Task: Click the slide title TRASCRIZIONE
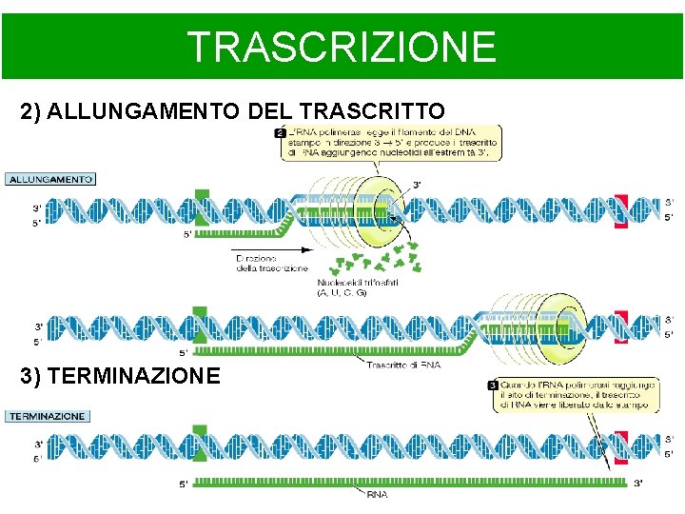pyautogui.click(x=342, y=46)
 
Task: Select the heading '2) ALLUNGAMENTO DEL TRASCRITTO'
pyautogui.click(x=232, y=112)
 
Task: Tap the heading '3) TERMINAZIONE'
pyautogui.click(x=120, y=375)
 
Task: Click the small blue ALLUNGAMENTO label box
pyautogui.click(x=50, y=178)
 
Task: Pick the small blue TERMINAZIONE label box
pyautogui.click(x=48, y=416)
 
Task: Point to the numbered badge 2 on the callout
pyautogui.click(x=281, y=131)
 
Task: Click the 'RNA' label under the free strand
pyautogui.click(x=377, y=494)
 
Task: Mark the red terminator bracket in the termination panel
pyautogui.click(x=621, y=447)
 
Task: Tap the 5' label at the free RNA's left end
pyautogui.click(x=183, y=484)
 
